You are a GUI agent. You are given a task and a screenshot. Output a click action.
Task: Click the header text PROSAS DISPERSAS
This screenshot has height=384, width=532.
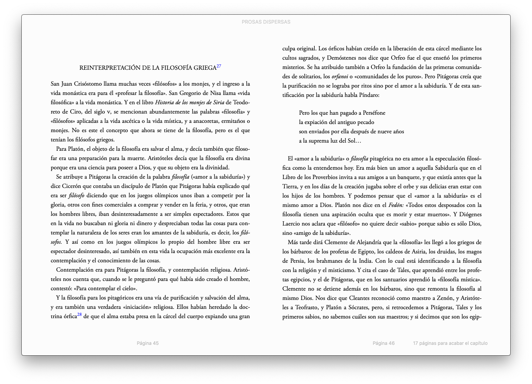(266, 22)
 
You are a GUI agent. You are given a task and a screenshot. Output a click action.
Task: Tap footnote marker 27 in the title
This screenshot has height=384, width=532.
(219, 66)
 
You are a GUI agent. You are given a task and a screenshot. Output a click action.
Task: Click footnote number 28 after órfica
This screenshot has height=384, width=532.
(79, 315)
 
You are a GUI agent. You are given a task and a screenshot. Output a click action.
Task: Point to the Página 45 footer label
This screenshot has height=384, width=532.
(148, 343)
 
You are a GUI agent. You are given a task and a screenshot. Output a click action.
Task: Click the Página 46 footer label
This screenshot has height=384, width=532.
(383, 343)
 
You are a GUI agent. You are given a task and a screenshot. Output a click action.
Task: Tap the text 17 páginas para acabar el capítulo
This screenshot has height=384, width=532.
(450, 343)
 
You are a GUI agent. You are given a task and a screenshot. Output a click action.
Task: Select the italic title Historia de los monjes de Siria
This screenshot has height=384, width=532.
(189, 103)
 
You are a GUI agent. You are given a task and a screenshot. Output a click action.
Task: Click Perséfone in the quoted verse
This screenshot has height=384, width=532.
(374, 113)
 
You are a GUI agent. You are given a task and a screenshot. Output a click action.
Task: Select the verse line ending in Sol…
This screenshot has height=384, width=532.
(330, 141)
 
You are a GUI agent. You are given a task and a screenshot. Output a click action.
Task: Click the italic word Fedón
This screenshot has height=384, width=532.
(396, 205)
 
